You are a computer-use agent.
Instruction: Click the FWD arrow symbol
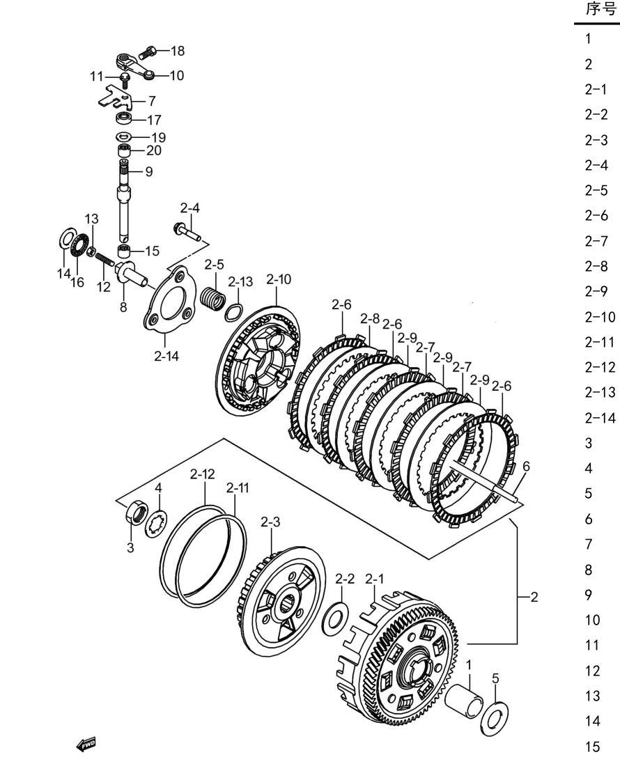click(86, 744)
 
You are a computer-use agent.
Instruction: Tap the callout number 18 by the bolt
click(177, 51)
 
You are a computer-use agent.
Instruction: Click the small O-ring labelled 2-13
click(234, 313)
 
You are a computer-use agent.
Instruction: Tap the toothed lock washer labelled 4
click(156, 523)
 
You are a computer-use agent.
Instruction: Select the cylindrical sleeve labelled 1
click(463, 701)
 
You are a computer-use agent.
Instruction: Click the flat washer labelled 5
click(494, 718)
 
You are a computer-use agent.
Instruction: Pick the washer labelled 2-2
click(335, 618)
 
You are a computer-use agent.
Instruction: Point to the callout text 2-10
click(279, 279)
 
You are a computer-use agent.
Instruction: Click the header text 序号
click(601, 9)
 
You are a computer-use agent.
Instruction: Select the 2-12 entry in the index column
click(600, 367)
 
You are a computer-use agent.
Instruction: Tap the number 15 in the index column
click(592, 747)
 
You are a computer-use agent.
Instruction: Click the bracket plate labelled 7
click(118, 98)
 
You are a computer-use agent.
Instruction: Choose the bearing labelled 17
click(124, 118)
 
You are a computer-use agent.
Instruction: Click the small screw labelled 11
click(125, 80)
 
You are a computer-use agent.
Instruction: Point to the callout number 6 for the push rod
click(526, 466)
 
